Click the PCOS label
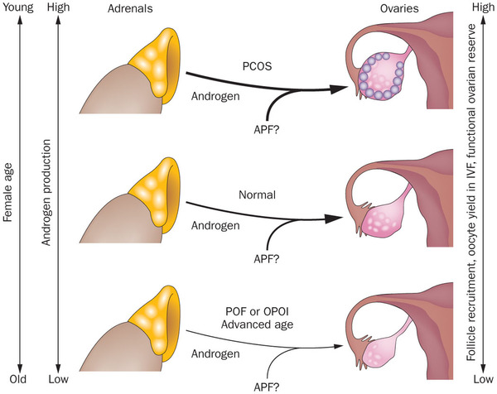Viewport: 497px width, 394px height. [257, 66]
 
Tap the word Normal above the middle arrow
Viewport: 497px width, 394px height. [257, 195]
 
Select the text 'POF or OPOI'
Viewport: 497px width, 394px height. [257, 311]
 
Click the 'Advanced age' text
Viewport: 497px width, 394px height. [257, 324]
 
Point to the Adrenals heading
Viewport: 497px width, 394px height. [130, 8]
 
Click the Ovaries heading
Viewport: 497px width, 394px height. [399, 8]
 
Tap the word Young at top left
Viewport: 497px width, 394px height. [18, 7]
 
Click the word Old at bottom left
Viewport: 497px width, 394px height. [17, 379]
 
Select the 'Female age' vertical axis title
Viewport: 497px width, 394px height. [7, 192]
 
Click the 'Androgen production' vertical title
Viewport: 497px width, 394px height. [46, 193]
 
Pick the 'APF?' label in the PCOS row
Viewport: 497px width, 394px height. [267, 129]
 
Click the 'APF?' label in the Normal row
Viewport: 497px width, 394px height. [267, 259]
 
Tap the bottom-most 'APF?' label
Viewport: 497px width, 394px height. [267, 387]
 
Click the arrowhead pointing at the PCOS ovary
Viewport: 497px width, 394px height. [338, 89]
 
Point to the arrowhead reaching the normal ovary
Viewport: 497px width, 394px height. [334, 219]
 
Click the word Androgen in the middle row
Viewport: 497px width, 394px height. [215, 225]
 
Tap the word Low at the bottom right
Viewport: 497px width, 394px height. [483, 379]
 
